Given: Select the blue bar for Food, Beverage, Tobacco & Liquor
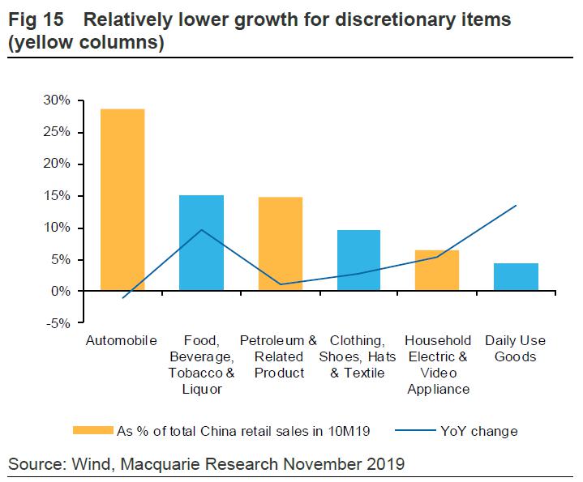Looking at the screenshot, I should (x=201, y=243).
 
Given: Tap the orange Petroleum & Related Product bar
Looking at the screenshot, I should (x=280, y=244).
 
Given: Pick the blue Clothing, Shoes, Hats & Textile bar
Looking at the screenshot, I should (x=358, y=260).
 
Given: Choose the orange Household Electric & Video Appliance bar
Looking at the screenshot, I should (x=437, y=271).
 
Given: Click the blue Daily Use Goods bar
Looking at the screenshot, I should (x=516, y=277).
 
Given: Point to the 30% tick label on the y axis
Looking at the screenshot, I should (x=58, y=100).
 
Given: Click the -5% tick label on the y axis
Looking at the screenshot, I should (x=58, y=323).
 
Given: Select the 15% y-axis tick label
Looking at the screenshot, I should (x=58, y=196).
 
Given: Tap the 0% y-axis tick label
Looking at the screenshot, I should (x=62, y=292).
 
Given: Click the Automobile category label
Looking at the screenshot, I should (x=122, y=340).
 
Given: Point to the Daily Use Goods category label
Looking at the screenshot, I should (x=516, y=348).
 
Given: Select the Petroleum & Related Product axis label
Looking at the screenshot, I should (x=279, y=356).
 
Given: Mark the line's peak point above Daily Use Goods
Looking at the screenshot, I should (x=516, y=205).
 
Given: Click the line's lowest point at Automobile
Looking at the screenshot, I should (x=123, y=298).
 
